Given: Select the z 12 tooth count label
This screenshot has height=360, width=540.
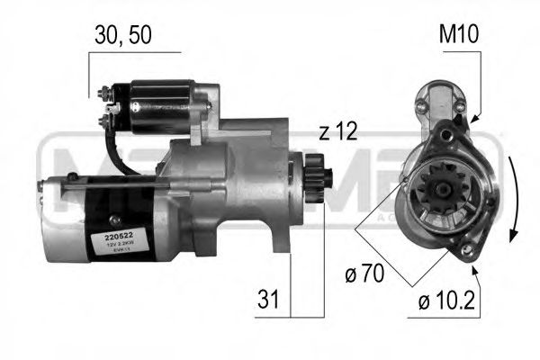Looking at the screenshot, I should click(337, 132).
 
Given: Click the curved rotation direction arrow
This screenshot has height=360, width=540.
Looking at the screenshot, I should click(513, 198).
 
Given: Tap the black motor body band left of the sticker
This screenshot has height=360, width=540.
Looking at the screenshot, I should click(76, 220).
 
